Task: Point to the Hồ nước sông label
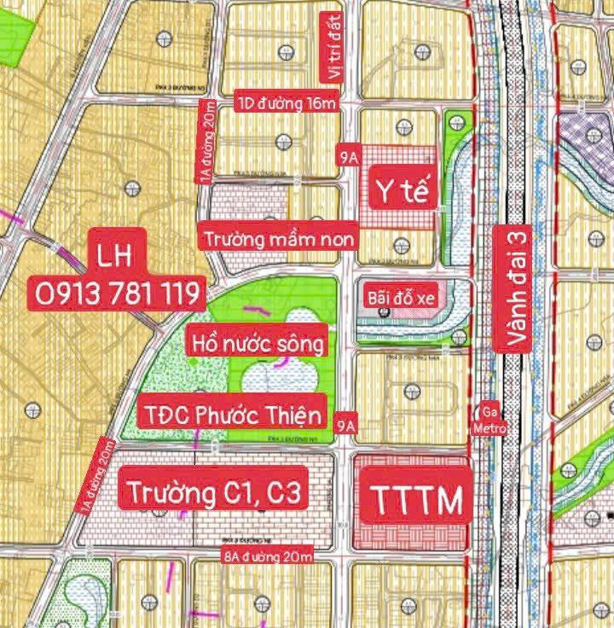(x=257, y=344)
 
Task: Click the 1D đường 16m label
(x=288, y=104)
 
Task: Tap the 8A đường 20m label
(x=266, y=558)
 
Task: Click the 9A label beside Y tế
(x=347, y=158)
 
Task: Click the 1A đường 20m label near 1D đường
(x=205, y=142)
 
